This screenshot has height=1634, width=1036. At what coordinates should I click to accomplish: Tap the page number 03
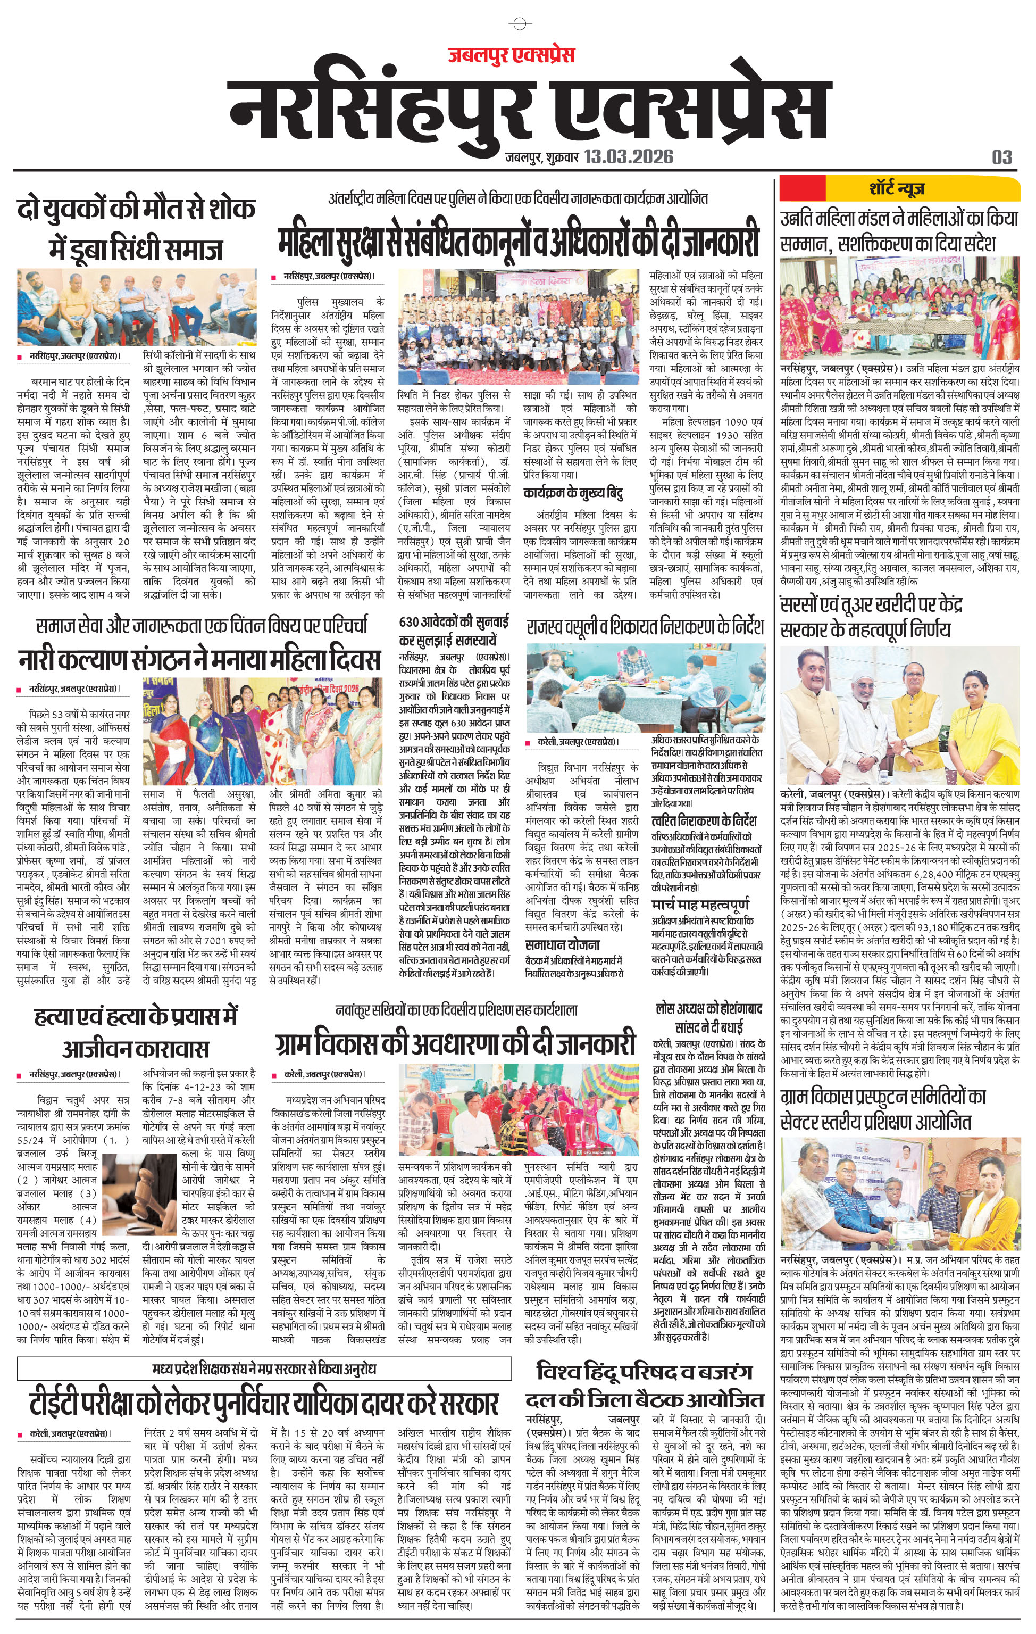click(1002, 157)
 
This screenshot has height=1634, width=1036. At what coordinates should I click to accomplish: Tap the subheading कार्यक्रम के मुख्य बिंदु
click(573, 493)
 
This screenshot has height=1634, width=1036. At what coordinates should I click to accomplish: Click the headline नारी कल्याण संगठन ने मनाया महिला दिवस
click(199, 660)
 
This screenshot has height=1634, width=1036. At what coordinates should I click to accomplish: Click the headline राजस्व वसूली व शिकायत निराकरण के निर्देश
click(645, 625)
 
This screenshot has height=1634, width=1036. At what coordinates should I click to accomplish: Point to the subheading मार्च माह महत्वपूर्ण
click(700, 905)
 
